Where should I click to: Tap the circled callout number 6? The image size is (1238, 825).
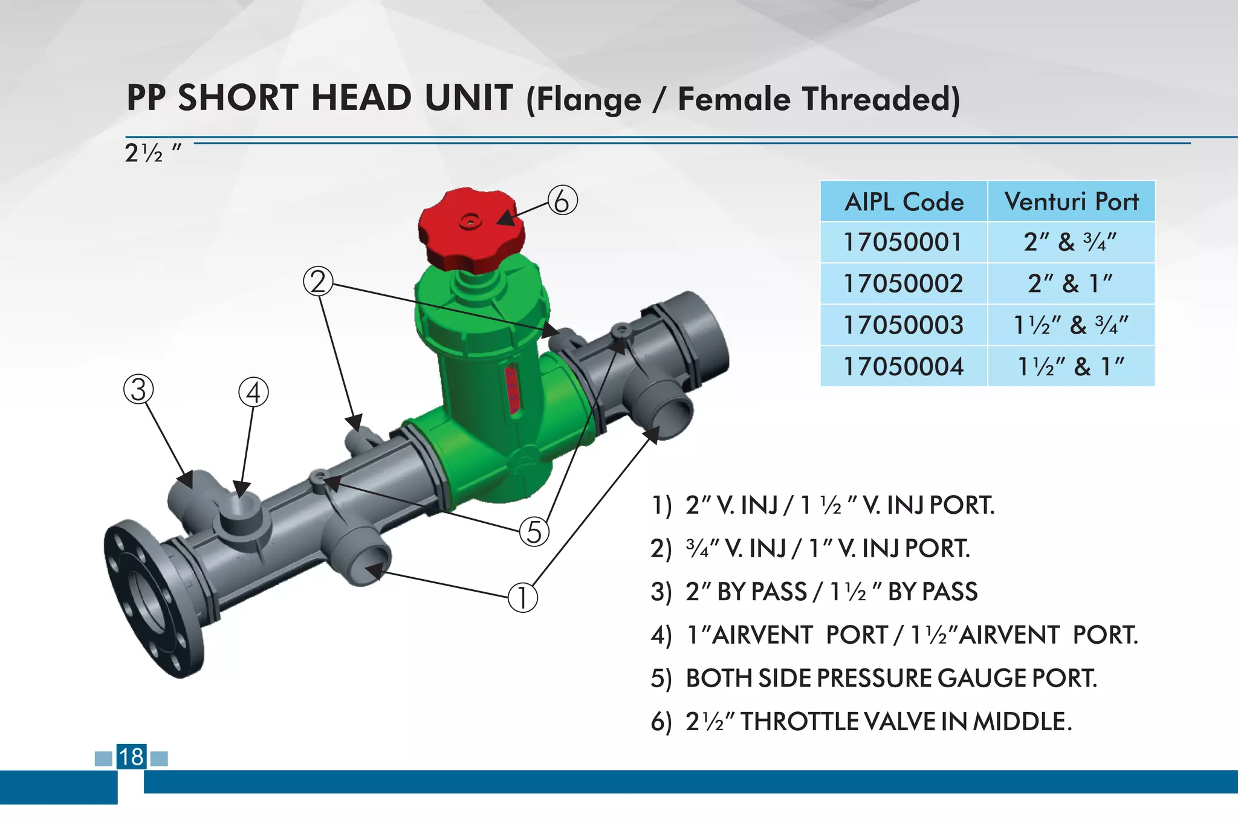tap(562, 201)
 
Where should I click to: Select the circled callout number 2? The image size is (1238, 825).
tap(318, 282)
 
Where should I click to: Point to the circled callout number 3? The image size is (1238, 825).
tap(138, 390)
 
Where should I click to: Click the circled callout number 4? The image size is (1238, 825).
tap(254, 393)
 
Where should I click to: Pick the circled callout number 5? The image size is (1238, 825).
tap(534, 532)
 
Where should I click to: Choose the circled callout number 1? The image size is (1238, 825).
tap(522, 598)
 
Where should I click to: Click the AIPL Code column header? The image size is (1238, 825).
tap(904, 202)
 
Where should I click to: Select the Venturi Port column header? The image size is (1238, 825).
tap(1071, 202)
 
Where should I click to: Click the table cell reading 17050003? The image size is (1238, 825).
tap(903, 325)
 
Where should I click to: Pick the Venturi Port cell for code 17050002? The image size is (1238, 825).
tap(1071, 283)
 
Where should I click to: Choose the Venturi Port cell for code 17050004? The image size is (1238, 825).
tap(1071, 366)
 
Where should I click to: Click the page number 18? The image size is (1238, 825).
tap(131, 757)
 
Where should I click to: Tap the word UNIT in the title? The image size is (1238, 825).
tap(468, 98)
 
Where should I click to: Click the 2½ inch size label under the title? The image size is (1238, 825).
tap(152, 153)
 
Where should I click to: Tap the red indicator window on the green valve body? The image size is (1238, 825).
tap(512, 389)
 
